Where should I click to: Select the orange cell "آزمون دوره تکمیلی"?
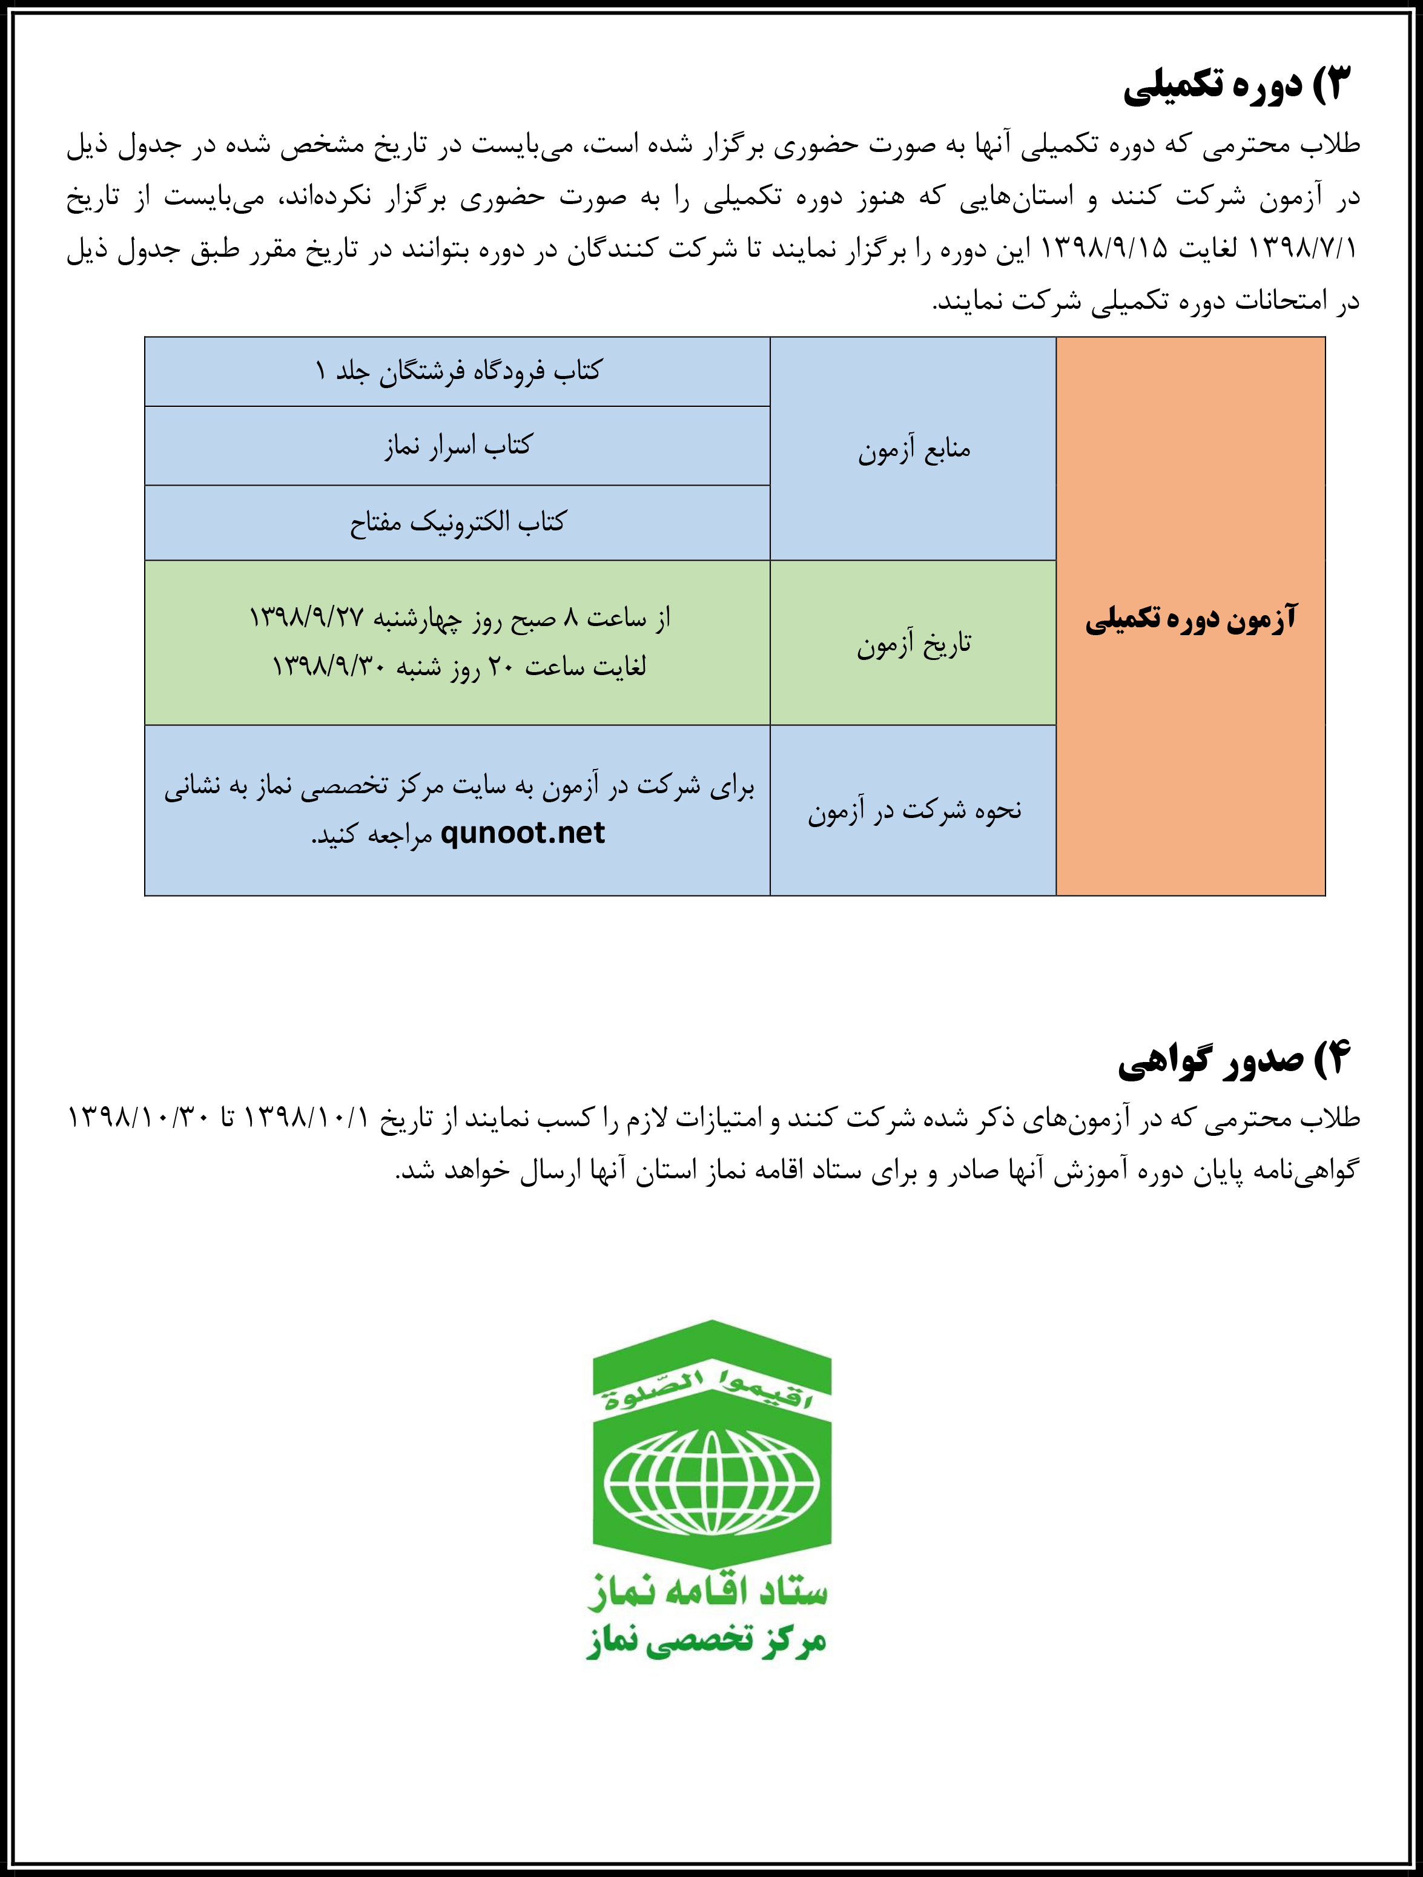point(1190,617)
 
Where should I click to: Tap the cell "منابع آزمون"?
point(913,449)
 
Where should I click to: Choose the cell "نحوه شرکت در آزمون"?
point(913,810)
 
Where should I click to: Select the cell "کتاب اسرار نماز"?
point(457,446)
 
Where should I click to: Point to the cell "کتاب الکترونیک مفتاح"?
point(457,522)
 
